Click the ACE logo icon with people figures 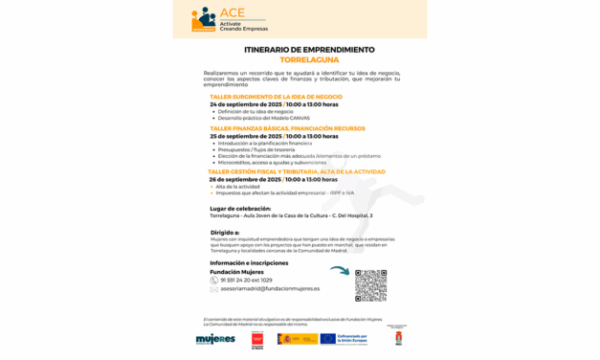203,19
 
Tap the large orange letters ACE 233,12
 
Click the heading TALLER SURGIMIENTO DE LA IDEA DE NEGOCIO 276,97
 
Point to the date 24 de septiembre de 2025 245,104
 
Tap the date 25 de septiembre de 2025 245,136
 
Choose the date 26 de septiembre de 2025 245,179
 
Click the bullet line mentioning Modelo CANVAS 264,118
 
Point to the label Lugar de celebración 240,208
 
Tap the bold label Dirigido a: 225,231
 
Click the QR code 370,285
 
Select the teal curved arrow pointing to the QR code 339,271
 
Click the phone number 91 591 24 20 246,280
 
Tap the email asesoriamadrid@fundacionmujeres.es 270,288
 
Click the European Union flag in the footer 327,339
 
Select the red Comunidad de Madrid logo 256,339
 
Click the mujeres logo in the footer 215,339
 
